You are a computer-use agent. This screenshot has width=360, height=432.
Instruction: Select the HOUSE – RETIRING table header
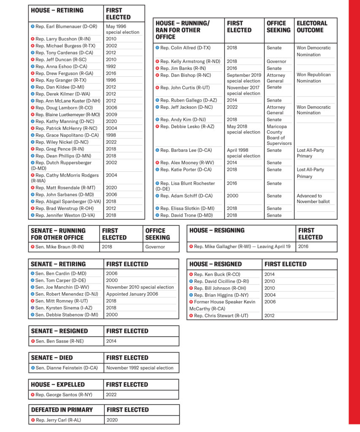(x=57, y=10)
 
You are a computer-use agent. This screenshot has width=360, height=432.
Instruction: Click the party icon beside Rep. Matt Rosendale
(x=33, y=188)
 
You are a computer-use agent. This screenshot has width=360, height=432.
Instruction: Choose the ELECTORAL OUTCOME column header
(x=312, y=27)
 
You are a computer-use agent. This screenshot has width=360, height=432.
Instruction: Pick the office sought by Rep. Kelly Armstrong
(x=276, y=62)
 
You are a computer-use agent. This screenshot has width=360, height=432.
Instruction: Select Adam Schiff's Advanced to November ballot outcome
(x=313, y=199)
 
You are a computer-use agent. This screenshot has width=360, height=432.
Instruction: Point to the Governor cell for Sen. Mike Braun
(x=155, y=247)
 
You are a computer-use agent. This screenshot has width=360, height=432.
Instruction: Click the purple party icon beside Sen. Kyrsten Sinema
(x=33, y=308)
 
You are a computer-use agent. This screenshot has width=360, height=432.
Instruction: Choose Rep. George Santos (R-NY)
(x=64, y=395)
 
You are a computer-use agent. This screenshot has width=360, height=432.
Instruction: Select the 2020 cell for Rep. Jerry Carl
(x=112, y=420)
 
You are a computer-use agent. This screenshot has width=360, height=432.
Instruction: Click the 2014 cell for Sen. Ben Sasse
(x=112, y=341)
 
